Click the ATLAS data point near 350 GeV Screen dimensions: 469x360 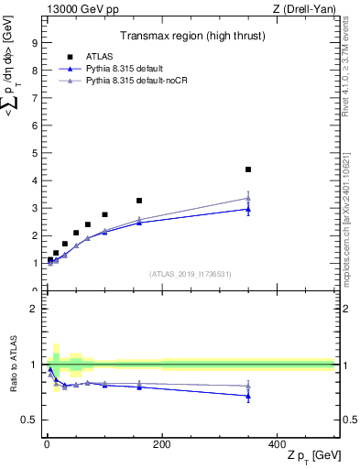point(248,169)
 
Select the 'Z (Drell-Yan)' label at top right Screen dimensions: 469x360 point(306,8)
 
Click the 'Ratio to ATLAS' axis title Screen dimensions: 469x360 point(12,365)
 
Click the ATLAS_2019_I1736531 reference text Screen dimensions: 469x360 point(191,274)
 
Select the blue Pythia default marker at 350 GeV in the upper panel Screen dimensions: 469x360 point(248,209)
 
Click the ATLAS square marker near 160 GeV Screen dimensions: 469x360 point(139,201)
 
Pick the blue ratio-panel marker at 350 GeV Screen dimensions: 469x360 point(248,396)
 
